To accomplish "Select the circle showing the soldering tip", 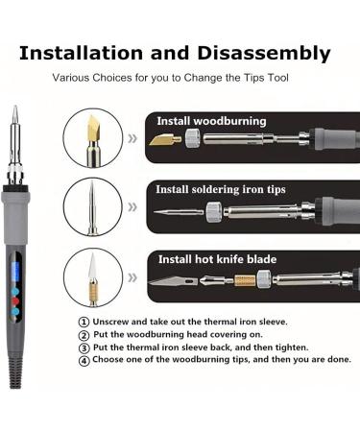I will tap(93, 206).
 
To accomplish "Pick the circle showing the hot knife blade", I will tap(93, 277).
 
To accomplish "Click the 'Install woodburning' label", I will tap(211, 121).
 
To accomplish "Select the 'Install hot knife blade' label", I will tap(217, 258).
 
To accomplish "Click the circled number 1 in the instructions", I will tap(84, 323).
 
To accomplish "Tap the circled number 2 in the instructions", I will tap(84, 335).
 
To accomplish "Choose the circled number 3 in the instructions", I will tap(84, 348).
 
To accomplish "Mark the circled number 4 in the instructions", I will tap(84, 361).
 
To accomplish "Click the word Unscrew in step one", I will tap(112, 323).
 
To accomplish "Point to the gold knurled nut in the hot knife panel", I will tap(244, 280).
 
